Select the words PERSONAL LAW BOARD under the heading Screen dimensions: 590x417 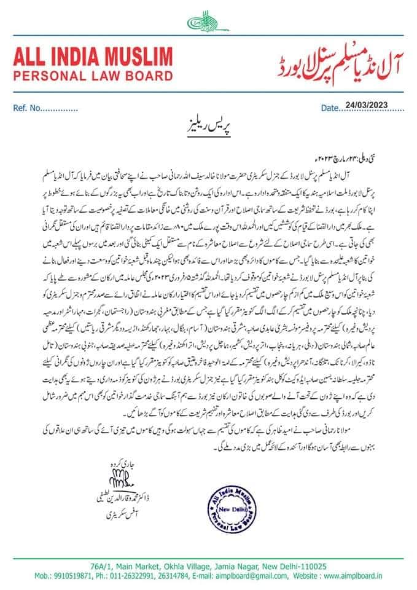pos(93,77)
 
